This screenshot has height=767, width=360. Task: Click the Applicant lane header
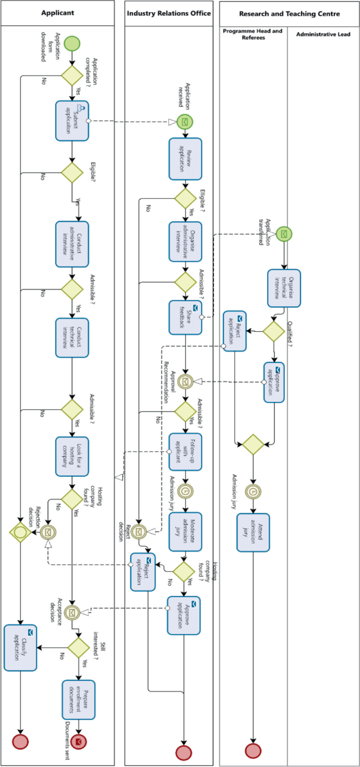58,13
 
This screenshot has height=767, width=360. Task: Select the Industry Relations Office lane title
169,13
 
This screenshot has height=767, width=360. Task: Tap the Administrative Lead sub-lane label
323,34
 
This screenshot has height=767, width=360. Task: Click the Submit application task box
73,121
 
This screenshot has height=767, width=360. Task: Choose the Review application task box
185,158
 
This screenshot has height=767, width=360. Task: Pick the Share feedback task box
185,318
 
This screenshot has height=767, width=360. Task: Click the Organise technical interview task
284,288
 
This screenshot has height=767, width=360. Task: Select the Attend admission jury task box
253,533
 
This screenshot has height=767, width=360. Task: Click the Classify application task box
20,648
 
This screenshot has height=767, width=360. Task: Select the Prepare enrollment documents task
79,700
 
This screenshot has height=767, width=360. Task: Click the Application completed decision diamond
72,75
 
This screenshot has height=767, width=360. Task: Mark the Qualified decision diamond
273,331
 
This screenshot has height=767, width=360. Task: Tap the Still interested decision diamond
79,648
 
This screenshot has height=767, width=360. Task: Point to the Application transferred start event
284,233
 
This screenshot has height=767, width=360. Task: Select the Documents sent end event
79,741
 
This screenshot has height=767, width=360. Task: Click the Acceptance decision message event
72,611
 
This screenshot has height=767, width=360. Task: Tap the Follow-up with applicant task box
185,452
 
